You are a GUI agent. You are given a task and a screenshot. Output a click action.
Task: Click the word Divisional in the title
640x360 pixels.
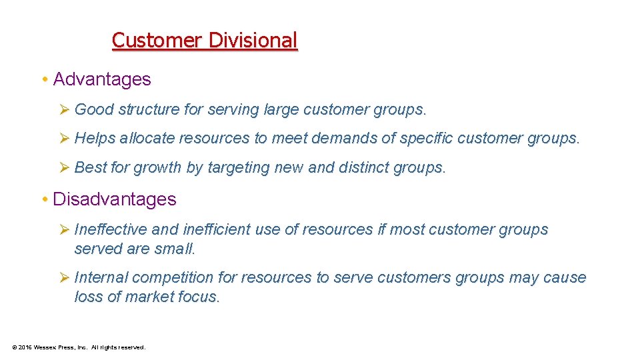click(253, 41)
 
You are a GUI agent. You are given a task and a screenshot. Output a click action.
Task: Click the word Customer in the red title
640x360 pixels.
click(157, 41)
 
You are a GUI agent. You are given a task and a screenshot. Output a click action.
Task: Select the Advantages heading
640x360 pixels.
click(102, 79)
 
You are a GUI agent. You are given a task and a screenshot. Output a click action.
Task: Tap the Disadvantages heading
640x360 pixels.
click(115, 199)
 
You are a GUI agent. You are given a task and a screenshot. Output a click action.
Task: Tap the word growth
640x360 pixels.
click(158, 168)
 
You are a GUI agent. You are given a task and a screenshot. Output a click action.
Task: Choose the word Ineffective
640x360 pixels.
click(111, 229)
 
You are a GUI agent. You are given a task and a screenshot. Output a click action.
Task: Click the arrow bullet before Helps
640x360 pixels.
click(65, 139)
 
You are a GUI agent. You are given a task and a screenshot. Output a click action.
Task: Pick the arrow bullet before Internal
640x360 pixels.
click(65, 277)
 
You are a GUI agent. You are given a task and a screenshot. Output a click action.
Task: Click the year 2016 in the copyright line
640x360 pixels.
click(25, 347)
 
